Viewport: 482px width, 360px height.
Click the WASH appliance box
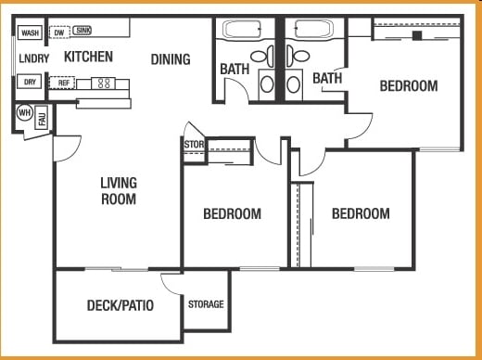pyautogui.click(x=30, y=33)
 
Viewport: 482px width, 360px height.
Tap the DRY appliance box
pyautogui.click(x=30, y=82)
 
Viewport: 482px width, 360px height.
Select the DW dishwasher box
pyautogui.click(x=58, y=33)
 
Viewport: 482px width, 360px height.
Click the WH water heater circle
pyautogui.click(x=25, y=114)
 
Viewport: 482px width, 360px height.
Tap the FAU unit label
pyautogui.click(x=42, y=119)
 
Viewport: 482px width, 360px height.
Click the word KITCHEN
pyautogui.click(x=88, y=58)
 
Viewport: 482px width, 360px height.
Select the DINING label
pyautogui.click(x=171, y=59)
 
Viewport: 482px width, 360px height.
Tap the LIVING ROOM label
pyautogui.click(x=119, y=190)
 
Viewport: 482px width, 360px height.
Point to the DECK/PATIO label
pyautogui.click(x=120, y=305)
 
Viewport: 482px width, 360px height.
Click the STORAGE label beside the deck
pyautogui.click(x=206, y=304)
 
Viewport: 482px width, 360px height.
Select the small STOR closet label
pyautogui.click(x=193, y=144)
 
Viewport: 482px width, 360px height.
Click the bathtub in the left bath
pyautogui.click(x=244, y=29)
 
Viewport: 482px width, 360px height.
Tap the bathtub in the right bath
pyautogui.click(x=316, y=29)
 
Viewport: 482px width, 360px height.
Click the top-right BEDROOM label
pyautogui.click(x=409, y=86)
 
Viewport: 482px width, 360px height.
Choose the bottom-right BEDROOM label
pyautogui.click(x=361, y=214)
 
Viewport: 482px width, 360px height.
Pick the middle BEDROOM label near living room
pyautogui.click(x=232, y=214)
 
